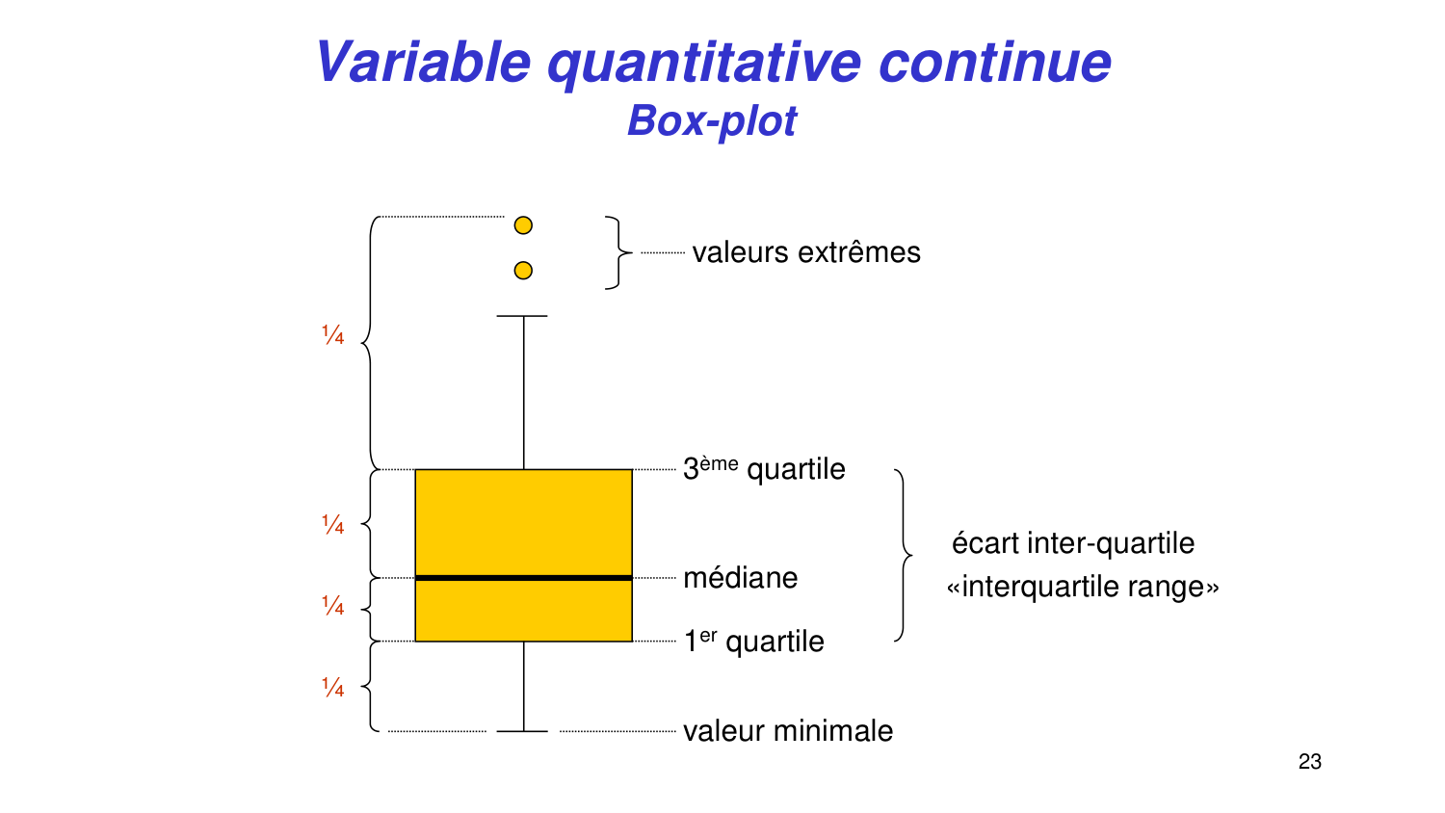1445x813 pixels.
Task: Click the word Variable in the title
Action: coord(424,62)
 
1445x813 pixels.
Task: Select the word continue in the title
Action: coord(995,64)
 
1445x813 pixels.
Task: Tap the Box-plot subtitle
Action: coord(712,121)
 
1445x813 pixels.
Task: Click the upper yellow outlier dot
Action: coord(523,225)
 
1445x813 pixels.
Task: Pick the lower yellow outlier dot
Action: coord(523,271)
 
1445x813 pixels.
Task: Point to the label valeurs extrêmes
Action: coord(806,252)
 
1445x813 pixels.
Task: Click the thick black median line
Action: coord(524,578)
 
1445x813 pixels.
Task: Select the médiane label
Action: coord(741,578)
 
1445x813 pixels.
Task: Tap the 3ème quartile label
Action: coord(765,469)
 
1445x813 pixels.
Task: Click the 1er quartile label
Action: coord(753,642)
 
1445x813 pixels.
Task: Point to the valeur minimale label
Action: coord(788,731)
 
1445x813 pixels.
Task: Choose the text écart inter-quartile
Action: coord(1073,543)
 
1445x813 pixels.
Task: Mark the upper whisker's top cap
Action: coord(522,316)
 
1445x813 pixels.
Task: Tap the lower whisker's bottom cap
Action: coord(522,731)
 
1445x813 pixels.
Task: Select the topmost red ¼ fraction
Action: coord(333,335)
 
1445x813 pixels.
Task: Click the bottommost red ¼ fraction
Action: coord(333,687)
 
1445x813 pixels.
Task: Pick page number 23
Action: coord(1309,762)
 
